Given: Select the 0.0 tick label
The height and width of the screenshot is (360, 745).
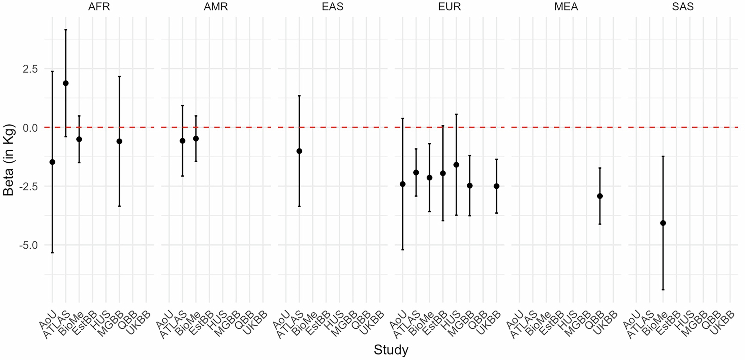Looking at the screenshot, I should (x=30, y=128).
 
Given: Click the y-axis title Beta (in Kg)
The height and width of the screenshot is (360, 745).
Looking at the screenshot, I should (x=9, y=160).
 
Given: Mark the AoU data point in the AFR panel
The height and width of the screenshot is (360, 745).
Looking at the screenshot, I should (x=52, y=162).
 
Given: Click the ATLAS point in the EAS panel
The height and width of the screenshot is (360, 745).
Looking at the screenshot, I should (x=299, y=151).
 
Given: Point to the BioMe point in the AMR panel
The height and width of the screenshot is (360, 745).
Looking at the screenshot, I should (x=196, y=139).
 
